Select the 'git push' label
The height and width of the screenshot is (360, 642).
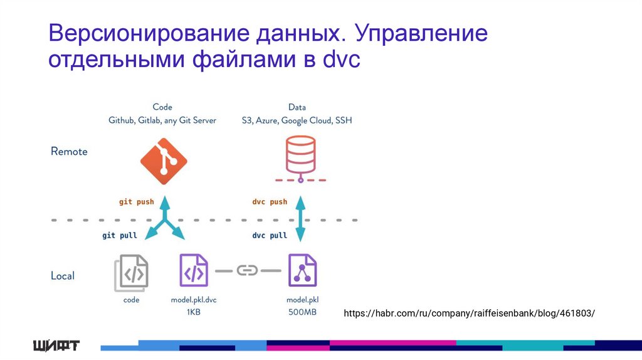point(136,202)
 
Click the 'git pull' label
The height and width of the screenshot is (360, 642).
point(120,235)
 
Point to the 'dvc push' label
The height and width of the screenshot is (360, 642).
point(270,202)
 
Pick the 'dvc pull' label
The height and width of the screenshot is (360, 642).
point(270,235)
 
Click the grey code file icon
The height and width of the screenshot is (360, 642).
point(131,273)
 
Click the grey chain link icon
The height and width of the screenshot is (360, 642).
point(248,270)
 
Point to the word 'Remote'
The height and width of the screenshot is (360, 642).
point(69,152)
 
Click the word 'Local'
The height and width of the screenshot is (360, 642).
point(63,276)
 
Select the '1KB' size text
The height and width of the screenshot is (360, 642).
point(193,312)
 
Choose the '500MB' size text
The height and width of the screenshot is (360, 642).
point(302,312)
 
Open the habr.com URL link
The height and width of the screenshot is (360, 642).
point(469,313)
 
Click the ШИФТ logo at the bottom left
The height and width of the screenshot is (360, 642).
point(56,346)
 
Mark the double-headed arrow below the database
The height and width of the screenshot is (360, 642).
point(300,218)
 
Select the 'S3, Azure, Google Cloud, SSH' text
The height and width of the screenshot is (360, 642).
point(297,120)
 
